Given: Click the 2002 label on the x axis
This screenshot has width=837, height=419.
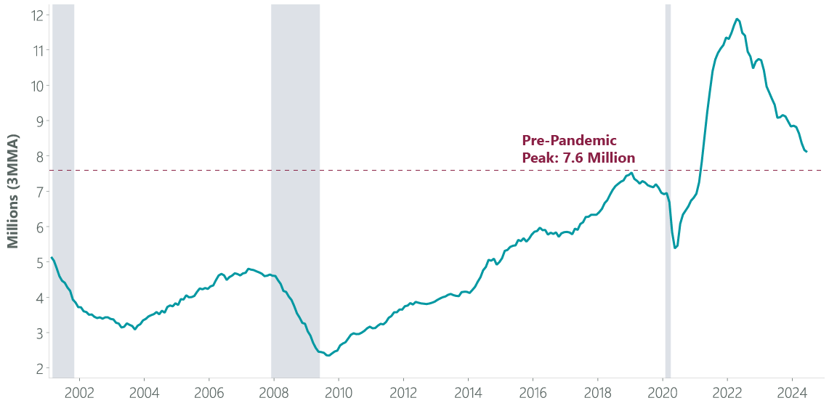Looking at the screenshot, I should click(x=79, y=394).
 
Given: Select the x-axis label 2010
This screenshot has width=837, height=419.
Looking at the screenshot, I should click(x=339, y=394).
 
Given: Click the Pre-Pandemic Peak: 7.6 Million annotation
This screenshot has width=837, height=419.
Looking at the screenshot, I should click(x=578, y=149).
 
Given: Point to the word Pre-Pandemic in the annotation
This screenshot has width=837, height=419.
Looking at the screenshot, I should click(x=569, y=141).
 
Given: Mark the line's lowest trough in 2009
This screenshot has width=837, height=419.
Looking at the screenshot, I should click(x=327, y=356).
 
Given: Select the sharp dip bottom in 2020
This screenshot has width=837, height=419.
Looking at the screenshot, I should click(x=675, y=248).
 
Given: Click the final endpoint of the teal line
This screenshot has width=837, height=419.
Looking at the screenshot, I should click(x=806, y=152).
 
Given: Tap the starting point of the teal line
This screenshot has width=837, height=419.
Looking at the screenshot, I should click(x=52, y=258).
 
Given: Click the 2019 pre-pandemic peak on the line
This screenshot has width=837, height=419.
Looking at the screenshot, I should click(x=631, y=173).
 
